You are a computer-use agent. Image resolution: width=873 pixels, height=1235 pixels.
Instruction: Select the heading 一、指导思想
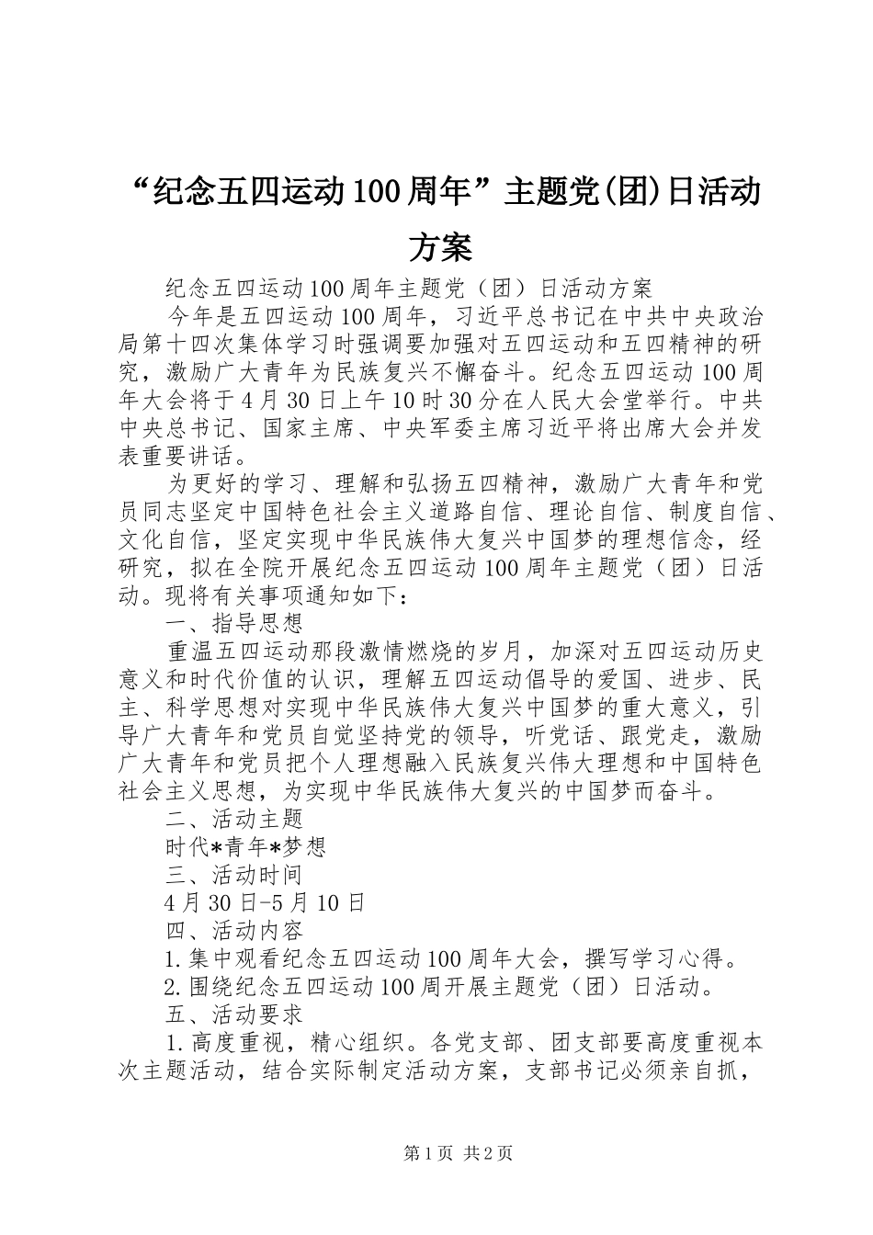[234, 624]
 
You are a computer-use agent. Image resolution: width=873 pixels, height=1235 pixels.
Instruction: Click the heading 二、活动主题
[234, 817]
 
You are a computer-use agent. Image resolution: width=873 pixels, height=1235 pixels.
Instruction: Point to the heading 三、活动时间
[234, 874]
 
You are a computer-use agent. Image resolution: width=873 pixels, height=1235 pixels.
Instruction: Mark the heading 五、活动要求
[234, 1014]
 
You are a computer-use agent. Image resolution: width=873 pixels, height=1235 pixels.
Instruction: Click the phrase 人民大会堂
[624, 401]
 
